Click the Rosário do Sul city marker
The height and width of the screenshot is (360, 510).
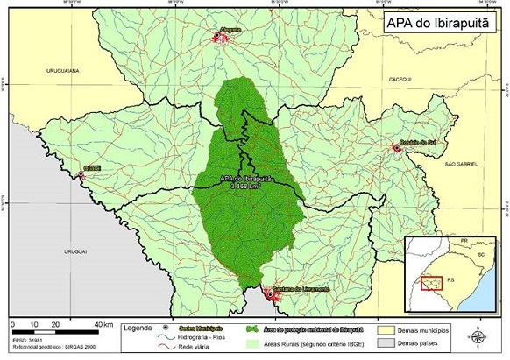397,149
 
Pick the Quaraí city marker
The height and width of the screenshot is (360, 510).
82,175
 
